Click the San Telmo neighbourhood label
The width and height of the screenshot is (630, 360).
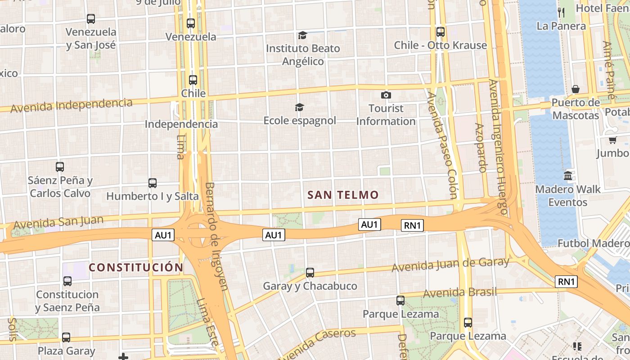(343, 195)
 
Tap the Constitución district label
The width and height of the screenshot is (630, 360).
(136, 267)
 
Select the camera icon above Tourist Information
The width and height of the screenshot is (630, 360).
(386, 95)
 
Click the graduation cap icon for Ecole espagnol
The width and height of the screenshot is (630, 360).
(299, 107)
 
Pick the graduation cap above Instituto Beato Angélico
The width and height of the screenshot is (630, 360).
(302, 35)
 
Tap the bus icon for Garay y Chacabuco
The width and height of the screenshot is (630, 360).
(310, 272)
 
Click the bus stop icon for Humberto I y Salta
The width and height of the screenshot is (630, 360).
(153, 183)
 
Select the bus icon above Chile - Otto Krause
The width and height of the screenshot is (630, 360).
(441, 32)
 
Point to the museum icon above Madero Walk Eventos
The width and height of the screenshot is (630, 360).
(568, 176)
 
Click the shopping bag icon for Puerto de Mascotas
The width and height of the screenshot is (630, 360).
(575, 89)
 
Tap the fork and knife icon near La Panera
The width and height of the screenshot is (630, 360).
(561, 12)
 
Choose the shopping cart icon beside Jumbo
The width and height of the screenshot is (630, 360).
(612, 140)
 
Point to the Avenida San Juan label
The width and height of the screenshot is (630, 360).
(58, 222)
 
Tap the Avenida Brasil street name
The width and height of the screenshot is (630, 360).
(460, 292)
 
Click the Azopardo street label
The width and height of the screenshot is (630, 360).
(481, 148)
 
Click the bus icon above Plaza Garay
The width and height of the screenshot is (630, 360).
(66, 337)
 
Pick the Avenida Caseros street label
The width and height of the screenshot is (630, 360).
(317, 342)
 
